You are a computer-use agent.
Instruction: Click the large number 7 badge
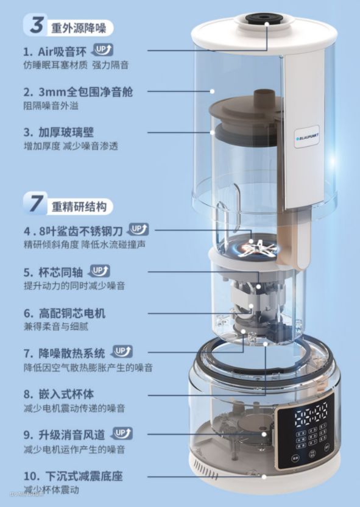click(36, 204)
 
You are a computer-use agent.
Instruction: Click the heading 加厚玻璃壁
click(68, 132)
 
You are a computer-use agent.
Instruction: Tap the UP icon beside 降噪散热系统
click(122, 352)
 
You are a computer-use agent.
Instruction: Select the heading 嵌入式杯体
click(68, 393)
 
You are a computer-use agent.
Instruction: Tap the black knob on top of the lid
click(267, 22)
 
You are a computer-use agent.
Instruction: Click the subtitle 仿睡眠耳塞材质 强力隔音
click(76, 64)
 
